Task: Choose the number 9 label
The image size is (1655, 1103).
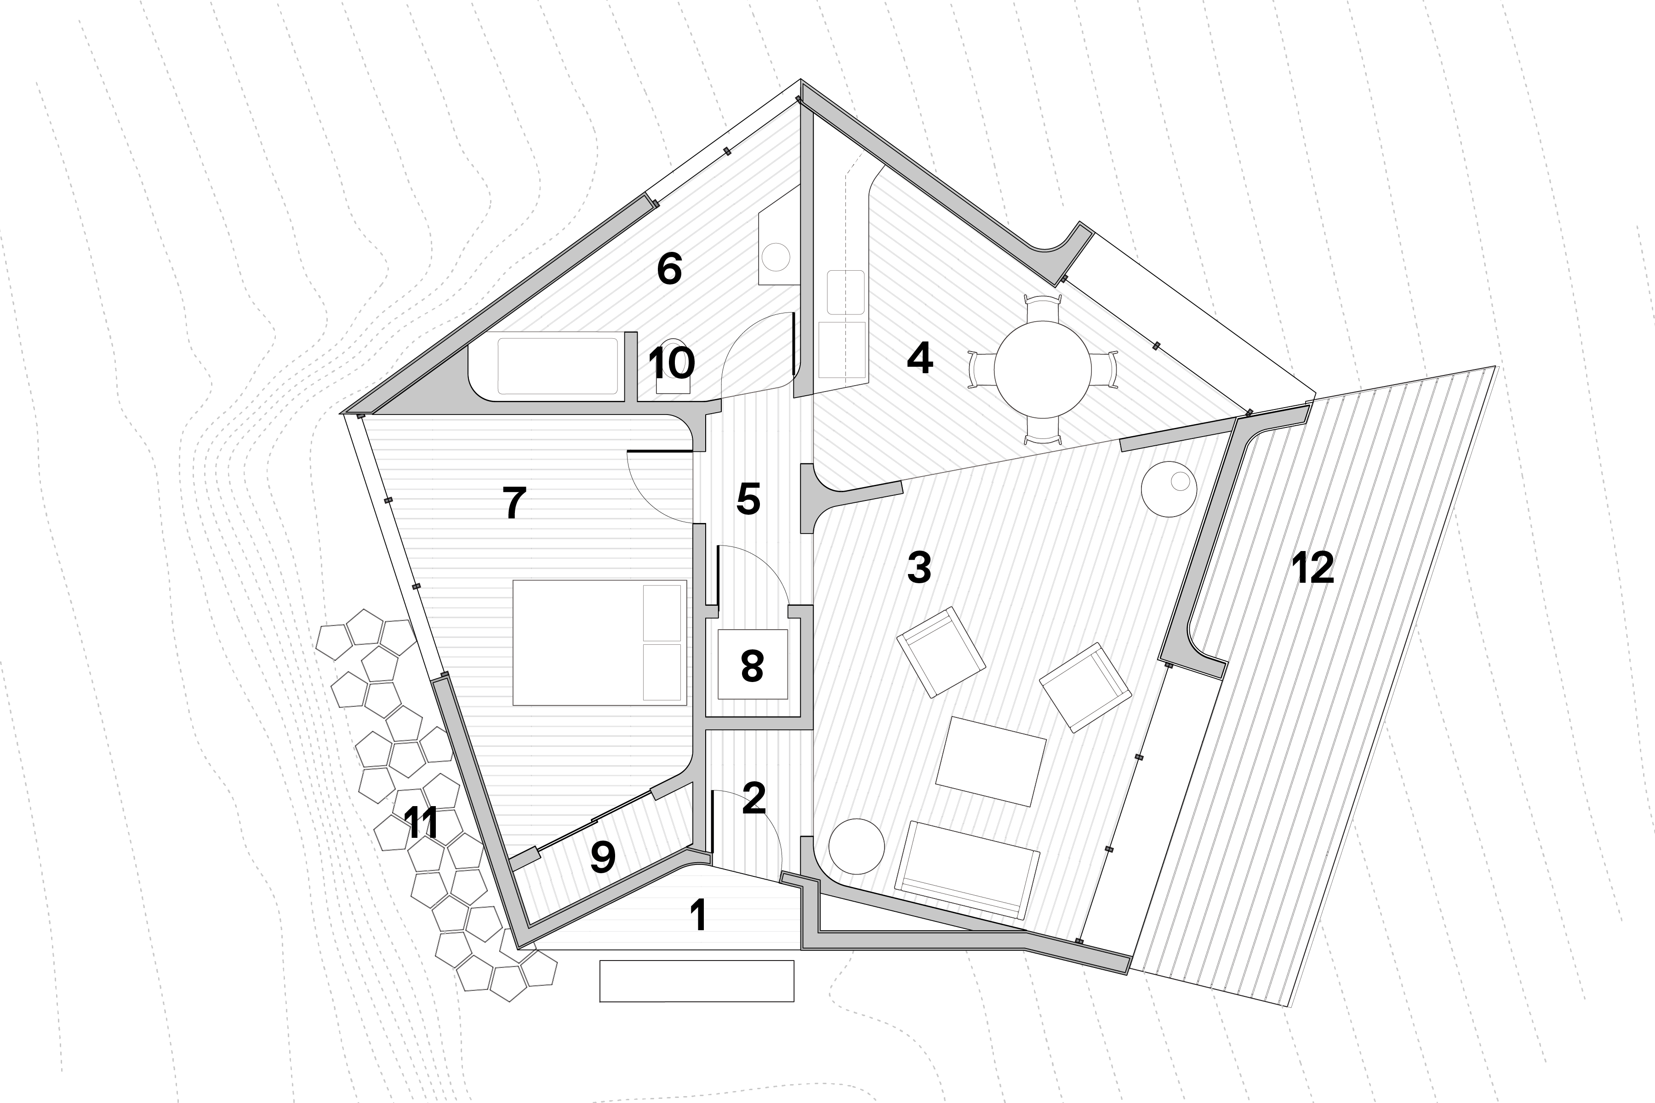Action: pyautogui.click(x=603, y=856)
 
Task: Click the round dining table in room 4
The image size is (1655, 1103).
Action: pyautogui.click(x=1042, y=370)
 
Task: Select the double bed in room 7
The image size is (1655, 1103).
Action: pyautogui.click(x=599, y=642)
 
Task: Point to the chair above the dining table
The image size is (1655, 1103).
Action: pyautogui.click(x=1042, y=305)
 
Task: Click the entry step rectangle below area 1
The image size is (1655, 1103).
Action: pyautogui.click(x=696, y=981)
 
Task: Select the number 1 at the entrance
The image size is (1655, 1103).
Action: pyautogui.click(x=697, y=916)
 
